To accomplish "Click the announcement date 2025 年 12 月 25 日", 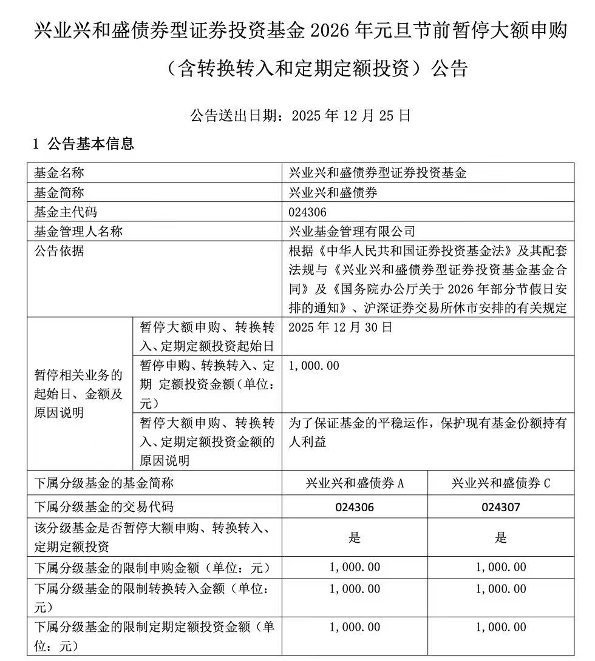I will tap(352, 115).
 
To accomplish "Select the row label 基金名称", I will tap(59, 173).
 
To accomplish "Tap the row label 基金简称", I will tap(59, 192).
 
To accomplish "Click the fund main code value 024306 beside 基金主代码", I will tap(307, 212).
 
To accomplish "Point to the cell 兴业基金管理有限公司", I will tap(352, 231).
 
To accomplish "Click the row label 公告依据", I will tap(59, 250).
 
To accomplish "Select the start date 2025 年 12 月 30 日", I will tap(341, 327).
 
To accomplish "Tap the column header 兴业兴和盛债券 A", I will tap(355, 483).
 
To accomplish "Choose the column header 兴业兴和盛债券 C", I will tap(501, 483).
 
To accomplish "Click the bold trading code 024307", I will tap(500, 507).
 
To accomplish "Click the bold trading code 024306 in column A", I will tap(355, 507).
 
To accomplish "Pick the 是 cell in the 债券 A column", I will tap(355, 537).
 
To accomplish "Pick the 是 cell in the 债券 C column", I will tap(501, 537).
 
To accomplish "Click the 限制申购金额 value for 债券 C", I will tap(501, 568).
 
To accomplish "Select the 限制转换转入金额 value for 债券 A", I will tap(355, 589).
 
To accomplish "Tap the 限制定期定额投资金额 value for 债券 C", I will tap(501, 627).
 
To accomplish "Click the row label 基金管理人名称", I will tap(78, 231).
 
